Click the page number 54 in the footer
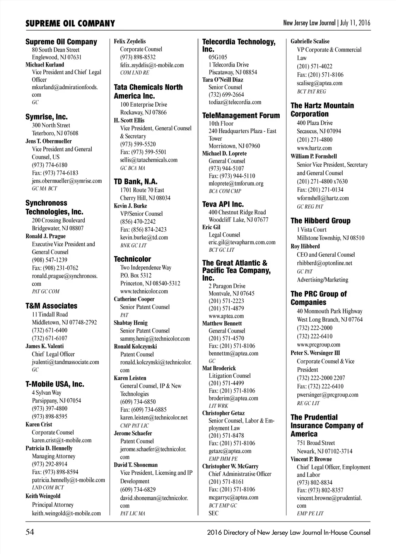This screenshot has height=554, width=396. pyautogui.click(x=30, y=532)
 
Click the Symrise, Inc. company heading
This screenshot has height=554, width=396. pyautogui.click(x=46, y=117)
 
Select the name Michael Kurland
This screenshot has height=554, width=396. pyautogui.click(x=45, y=65)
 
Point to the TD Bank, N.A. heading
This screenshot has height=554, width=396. pyautogui.click(x=135, y=181)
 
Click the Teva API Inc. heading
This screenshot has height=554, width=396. pyautogui.click(x=223, y=204)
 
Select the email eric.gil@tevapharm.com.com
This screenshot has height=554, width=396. pyautogui.click(x=242, y=242)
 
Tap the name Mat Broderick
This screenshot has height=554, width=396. pyautogui.click(x=219, y=368)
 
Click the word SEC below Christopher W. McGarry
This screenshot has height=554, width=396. pyautogui.click(x=213, y=513)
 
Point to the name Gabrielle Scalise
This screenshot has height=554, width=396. pyautogui.click(x=310, y=41)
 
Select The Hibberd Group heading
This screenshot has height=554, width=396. pyautogui.click(x=320, y=221)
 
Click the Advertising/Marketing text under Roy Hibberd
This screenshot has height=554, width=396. pyautogui.click(x=323, y=280)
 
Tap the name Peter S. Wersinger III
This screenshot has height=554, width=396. pyautogui.click(x=315, y=353)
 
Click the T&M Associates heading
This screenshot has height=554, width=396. pyautogui.click(x=51, y=306)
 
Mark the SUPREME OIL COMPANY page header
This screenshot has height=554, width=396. pyautogui.click(x=70, y=24)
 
